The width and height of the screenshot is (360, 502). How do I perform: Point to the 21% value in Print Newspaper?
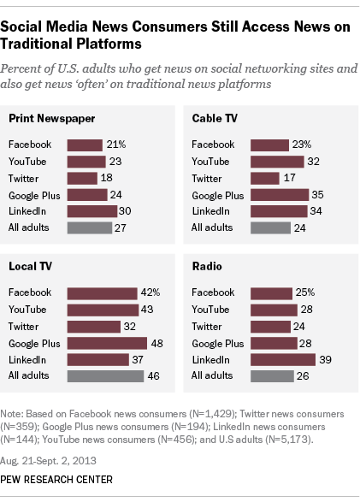[x=115, y=145]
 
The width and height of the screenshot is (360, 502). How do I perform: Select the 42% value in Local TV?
[x=150, y=292]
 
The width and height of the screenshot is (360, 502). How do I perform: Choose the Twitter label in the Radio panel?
[x=208, y=326]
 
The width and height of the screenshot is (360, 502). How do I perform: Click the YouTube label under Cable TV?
[x=210, y=161]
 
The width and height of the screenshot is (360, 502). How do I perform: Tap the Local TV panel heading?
[x=32, y=266]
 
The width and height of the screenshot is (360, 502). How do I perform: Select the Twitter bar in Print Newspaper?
[x=82, y=178]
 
